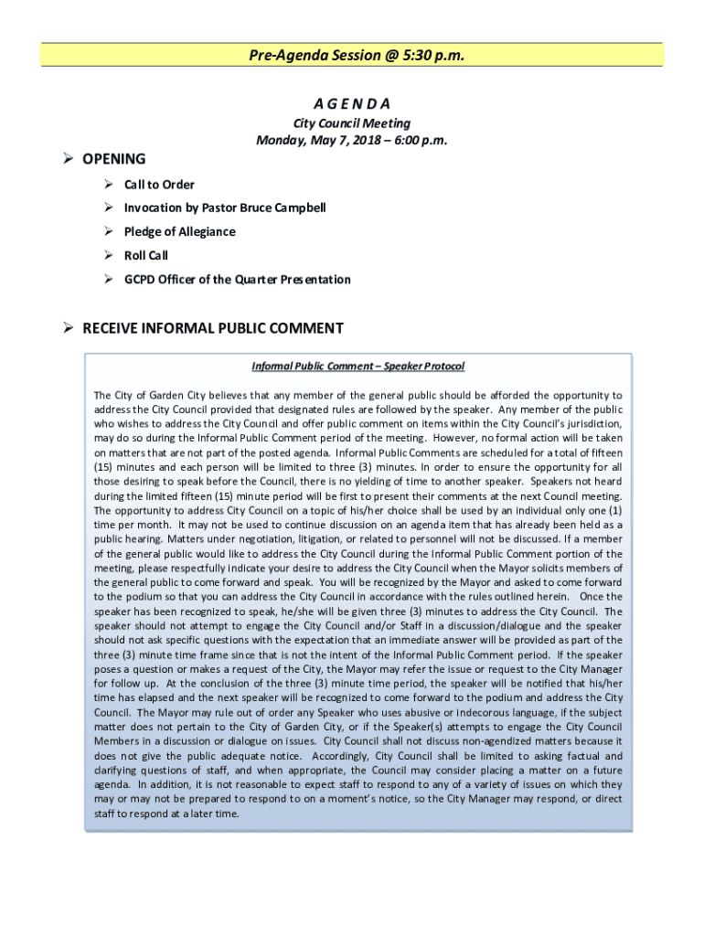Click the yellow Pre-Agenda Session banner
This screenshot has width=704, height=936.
coord(352,55)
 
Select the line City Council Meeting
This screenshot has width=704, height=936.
coord(351,123)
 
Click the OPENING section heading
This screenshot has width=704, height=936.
coord(113,159)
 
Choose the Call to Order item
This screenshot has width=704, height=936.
coord(159,185)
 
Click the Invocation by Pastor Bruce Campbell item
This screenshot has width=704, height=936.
coord(225,207)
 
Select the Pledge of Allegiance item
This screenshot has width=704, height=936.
coord(179,231)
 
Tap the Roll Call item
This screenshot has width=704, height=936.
coord(146,256)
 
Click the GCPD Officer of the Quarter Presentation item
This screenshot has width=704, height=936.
coord(237,280)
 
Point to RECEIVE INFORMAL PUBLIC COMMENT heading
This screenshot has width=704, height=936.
coord(213,328)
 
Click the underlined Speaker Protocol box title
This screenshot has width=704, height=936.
coord(357,367)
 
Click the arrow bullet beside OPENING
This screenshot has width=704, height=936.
coord(68,159)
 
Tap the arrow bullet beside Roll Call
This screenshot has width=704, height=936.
coord(107,256)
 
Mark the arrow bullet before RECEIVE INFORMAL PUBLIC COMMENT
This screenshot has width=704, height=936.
coord(68,328)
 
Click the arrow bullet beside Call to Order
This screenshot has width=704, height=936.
coord(107,185)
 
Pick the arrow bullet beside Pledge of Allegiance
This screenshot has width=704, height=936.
coord(107,231)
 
